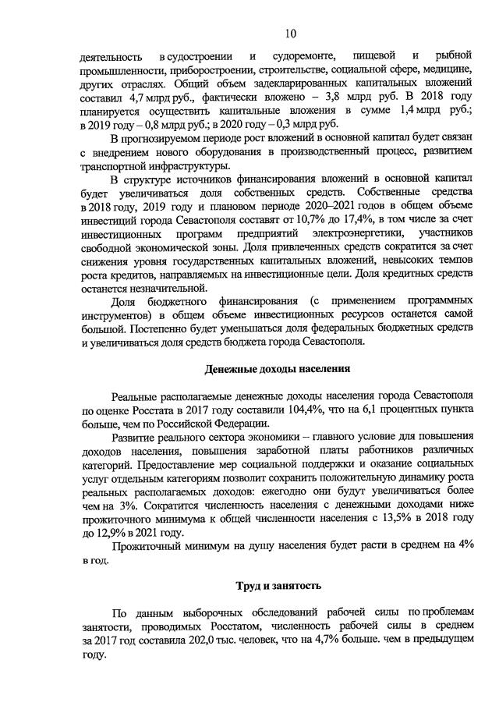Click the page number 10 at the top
[x=290, y=33]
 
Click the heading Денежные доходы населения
[x=277, y=369]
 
